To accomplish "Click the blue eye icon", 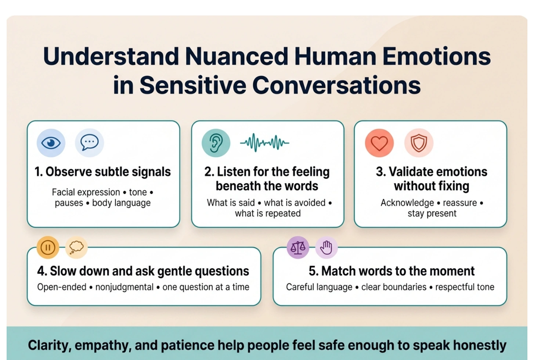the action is (51, 143).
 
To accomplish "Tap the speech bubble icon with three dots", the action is (89, 143).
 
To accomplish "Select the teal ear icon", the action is (216, 143).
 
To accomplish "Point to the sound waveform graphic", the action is (265, 143).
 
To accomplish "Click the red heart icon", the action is (379, 143).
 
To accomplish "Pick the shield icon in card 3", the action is (419, 143).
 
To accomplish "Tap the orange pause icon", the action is (48, 248).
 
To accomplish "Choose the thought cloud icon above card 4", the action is (76, 248).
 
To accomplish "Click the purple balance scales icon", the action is (298, 248).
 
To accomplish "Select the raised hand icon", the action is (326, 248).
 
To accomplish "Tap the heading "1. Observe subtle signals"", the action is (103, 172).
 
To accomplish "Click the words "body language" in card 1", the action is (121, 203).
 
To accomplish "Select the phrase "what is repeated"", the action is (268, 213).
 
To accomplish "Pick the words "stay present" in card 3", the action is (432, 213).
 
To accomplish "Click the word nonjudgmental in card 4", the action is (124, 287).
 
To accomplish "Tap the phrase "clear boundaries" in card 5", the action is (394, 287).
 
